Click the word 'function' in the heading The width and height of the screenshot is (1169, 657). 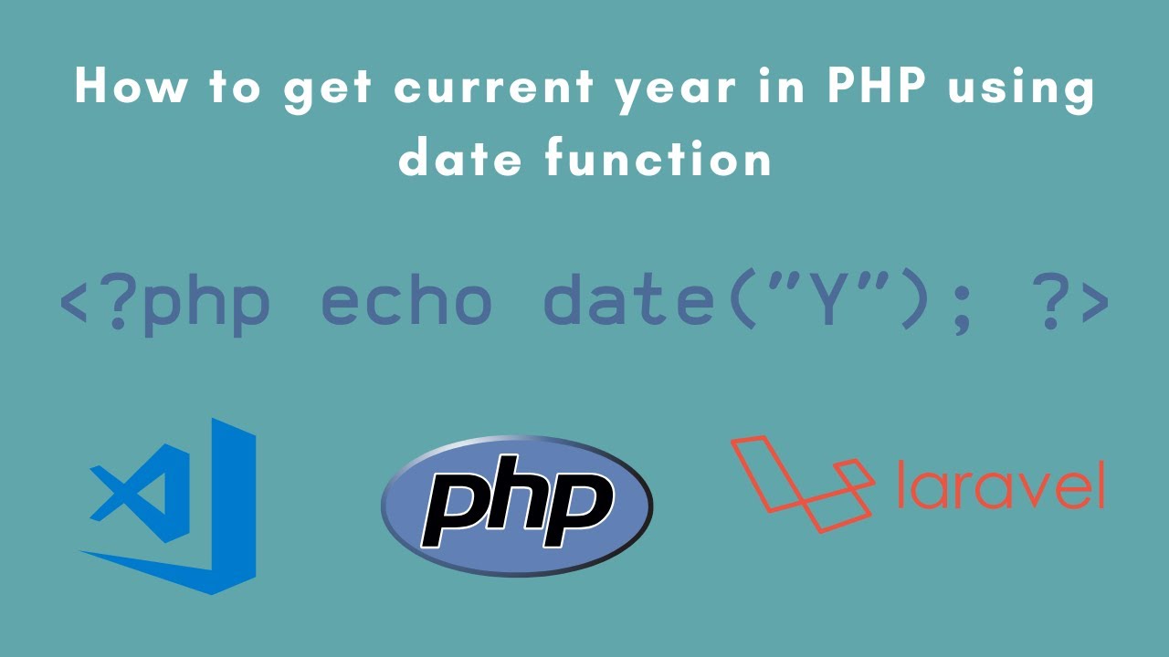(658, 160)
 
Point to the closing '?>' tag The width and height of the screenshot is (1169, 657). (1058, 301)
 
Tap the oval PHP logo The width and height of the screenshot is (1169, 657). (516, 506)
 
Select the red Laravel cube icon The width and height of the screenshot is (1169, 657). (800, 484)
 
